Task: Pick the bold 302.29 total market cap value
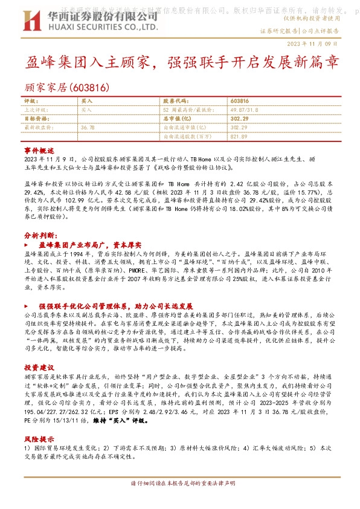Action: (240, 118)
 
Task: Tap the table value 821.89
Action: (239, 137)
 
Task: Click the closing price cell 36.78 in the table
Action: (88, 128)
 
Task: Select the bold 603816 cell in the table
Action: (240, 101)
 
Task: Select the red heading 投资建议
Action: (39, 367)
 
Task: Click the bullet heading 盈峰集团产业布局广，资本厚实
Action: (89, 245)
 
